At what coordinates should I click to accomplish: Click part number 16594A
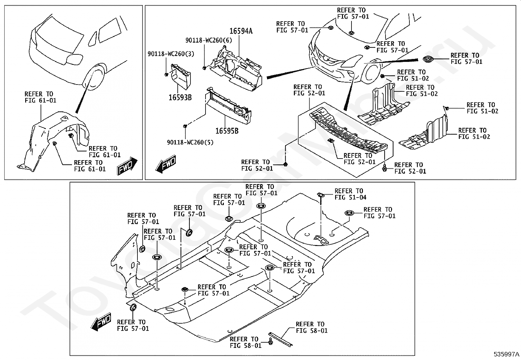tap(241, 31)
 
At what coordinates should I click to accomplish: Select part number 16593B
tap(180, 97)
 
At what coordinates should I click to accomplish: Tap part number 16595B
tap(226, 131)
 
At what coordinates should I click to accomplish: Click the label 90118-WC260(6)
tap(208, 40)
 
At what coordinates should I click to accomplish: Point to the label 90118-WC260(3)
tap(171, 54)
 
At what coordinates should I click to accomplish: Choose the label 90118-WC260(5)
tap(186, 142)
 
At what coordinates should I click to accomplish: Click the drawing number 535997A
tap(507, 354)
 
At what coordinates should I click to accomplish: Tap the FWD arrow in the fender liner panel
tap(127, 166)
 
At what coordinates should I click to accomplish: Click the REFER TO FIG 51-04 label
tap(350, 194)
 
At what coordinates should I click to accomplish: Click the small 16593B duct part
tap(182, 76)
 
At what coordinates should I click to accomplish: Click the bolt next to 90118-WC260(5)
tap(186, 125)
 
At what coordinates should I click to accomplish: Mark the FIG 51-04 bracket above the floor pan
tap(321, 195)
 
